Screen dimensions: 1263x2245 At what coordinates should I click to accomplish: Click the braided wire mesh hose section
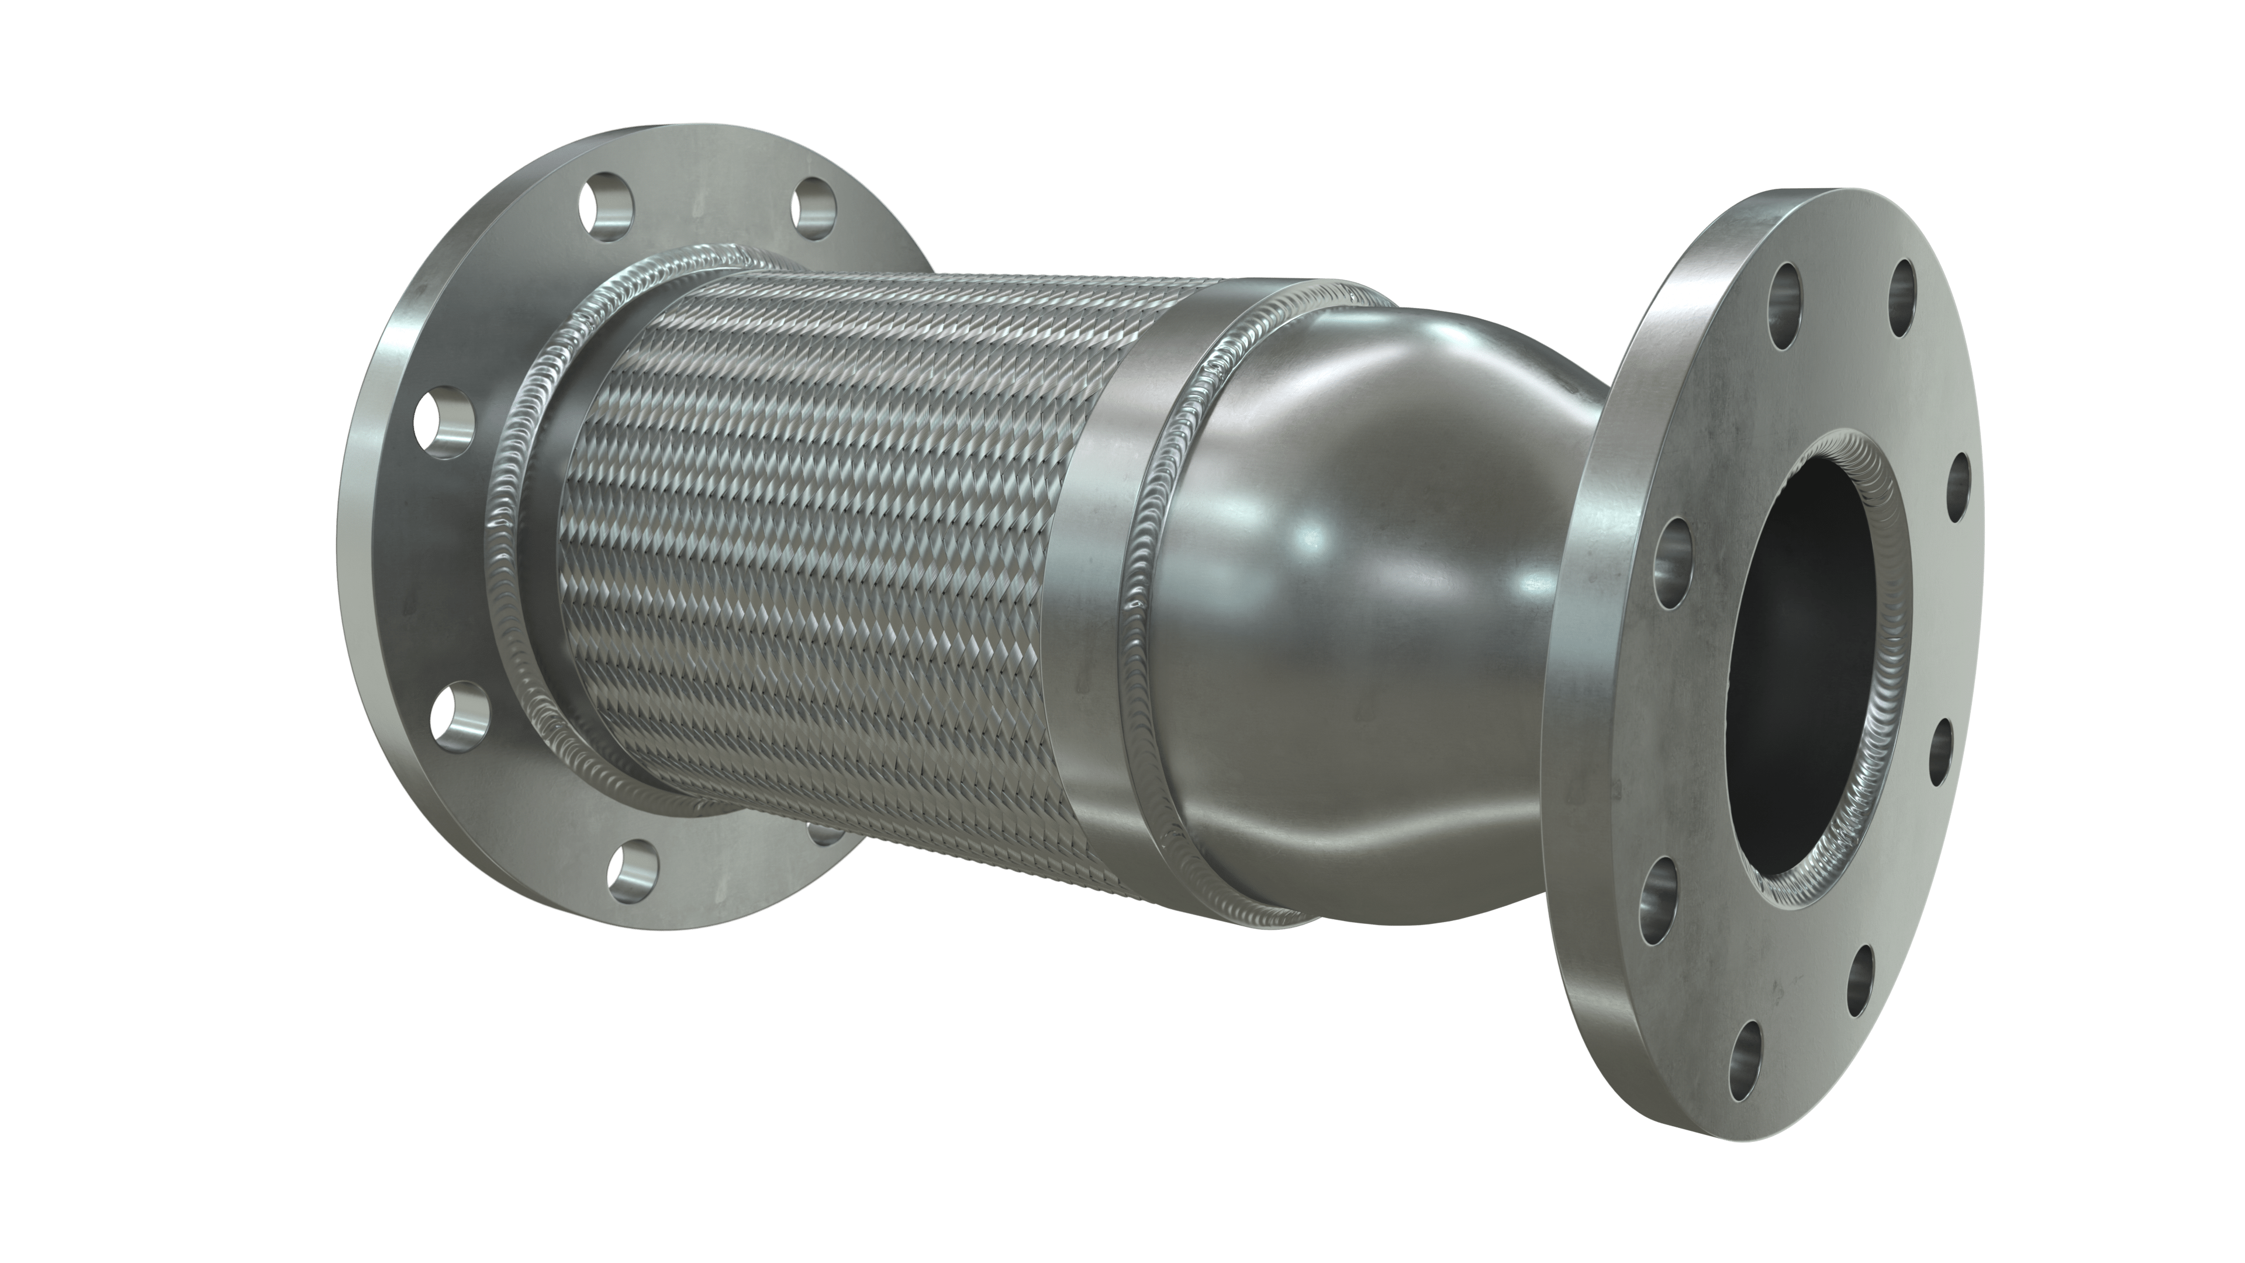click(x=810, y=540)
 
